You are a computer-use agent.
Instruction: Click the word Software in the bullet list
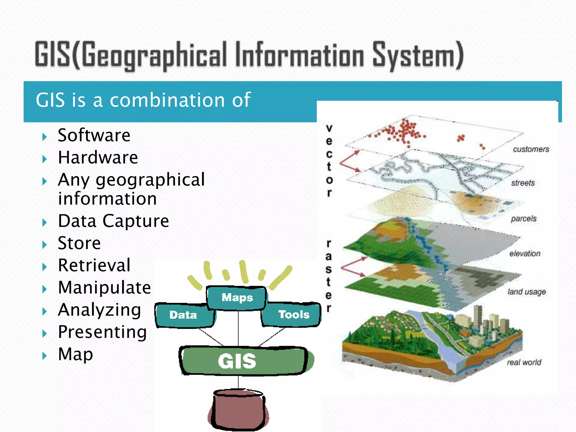coord(94,135)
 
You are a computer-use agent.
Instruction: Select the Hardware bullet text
coord(98,157)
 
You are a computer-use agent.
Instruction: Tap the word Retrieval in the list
coord(94,265)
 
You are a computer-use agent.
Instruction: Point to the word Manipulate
coord(104,287)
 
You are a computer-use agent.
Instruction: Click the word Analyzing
coord(99,310)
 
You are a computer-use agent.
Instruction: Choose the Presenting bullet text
coord(102,332)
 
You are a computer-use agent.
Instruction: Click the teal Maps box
coord(237,298)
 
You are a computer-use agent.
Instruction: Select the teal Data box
coord(183,315)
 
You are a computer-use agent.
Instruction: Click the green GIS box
coord(238,361)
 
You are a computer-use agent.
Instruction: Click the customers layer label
coord(531,149)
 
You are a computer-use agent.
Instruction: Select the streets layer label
coord(523,183)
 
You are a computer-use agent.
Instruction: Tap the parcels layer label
coord(524,219)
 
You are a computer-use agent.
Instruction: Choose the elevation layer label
coord(525,254)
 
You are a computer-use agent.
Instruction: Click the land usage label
coord(527,292)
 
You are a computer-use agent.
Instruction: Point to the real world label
coord(524,362)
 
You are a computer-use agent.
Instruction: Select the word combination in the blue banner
coord(167,100)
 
